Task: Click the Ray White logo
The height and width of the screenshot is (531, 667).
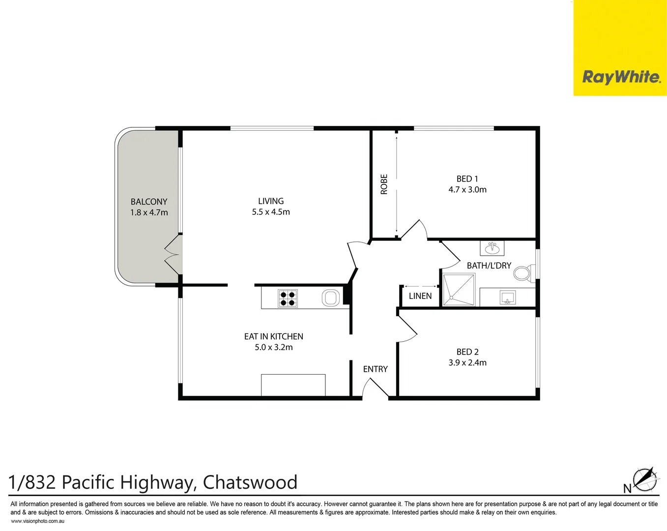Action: (x=620, y=77)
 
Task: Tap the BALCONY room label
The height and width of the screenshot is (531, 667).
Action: (x=149, y=202)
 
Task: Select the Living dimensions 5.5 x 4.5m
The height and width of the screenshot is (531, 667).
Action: (x=271, y=212)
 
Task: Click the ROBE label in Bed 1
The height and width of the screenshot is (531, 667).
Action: (x=384, y=184)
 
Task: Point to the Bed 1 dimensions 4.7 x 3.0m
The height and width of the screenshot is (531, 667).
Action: (x=467, y=190)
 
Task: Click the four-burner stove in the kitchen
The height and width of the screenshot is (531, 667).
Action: (x=288, y=298)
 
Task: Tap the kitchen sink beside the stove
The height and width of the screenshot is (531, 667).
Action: (x=331, y=298)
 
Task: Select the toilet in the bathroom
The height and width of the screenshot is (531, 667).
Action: (x=523, y=273)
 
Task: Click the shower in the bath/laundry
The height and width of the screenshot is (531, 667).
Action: (x=459, y=290)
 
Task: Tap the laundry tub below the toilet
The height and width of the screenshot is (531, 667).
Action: (x=507, y=297)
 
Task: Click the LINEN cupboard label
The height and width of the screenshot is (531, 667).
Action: (x=420, y=296)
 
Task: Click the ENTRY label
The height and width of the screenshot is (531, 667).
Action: (x=376, y=369)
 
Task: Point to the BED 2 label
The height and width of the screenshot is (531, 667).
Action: (x=467, y=352)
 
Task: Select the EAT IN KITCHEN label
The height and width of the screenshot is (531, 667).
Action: (x=274, y=337)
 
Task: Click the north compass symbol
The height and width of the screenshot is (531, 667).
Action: (x=644, y=480)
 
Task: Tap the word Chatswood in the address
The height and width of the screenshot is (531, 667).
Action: (x=250, y=482)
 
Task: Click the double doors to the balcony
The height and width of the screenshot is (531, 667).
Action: (x=173, y=255)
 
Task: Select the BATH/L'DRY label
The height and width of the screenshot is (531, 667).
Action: (x=489, y=265)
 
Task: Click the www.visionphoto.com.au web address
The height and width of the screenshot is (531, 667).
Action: (x=37, y=521)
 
